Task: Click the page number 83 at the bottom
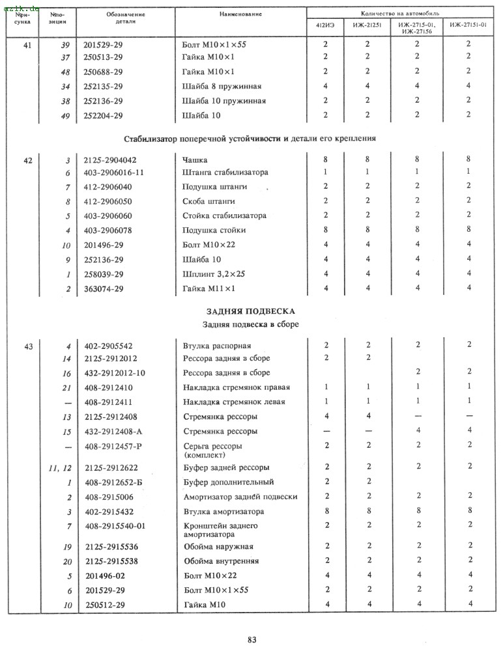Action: (251, 639)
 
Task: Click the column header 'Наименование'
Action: (240, 14)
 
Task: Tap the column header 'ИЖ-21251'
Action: (367, 26)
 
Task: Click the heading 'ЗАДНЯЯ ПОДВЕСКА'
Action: (251, 311)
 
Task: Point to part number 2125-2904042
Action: (111, 159)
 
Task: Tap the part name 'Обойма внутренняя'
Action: (222, 561)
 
